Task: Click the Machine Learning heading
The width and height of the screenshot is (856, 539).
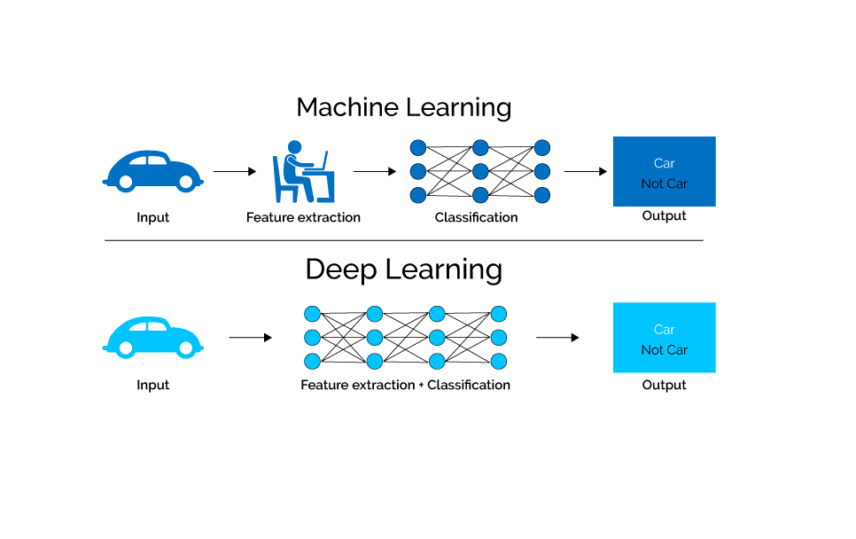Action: [x=403, y=107]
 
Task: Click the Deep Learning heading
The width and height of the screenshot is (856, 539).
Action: [x=403, y=269]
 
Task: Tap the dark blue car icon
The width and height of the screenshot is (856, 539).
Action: [x=152, y=171]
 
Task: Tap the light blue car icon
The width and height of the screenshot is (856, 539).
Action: [x=152, y=337]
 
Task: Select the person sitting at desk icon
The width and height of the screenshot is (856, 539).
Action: [x=302, y=172]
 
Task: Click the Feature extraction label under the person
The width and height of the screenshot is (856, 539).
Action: [x=303, y=217]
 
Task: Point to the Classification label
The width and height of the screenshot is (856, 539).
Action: [x=476, y=217]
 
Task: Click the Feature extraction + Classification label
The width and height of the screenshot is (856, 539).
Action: [x=405, y=385]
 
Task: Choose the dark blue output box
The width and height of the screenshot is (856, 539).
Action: [x=664, y=171]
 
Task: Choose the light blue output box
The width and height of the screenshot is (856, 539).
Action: [x=664, y=337]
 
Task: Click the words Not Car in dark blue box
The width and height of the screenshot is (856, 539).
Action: [x=664, y=184]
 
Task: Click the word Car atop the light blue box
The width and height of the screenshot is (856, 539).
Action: [x=664, y=329]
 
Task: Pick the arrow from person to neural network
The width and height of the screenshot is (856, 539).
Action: [x=374, y=171]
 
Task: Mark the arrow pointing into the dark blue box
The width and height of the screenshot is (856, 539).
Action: [x=585, y=171]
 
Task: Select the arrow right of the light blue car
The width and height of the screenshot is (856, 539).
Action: [x=250, y=337]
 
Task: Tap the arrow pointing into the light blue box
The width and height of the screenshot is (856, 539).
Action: [x=557, y=337]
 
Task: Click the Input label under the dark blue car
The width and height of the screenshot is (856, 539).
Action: [x=152, y=217]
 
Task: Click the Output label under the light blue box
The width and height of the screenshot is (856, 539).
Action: [x=664, y=385]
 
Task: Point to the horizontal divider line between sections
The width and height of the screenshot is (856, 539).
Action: [x=403, y=240]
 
